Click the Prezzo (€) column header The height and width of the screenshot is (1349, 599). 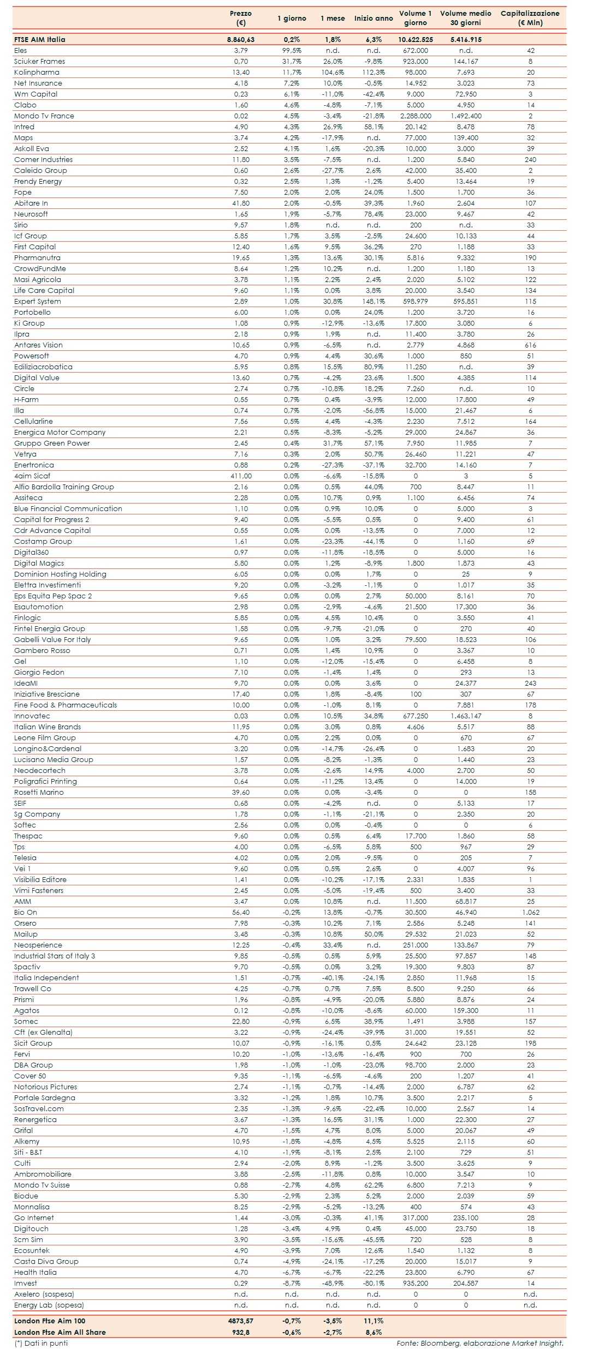coord(241,18)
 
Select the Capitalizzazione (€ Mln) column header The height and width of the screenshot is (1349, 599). coord(530,18)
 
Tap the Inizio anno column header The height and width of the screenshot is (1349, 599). coord(373,18)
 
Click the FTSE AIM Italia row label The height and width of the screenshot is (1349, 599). coord(40,39)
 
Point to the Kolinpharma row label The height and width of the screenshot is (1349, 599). coord(37,72)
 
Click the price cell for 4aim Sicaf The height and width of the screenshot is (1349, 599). coord(241,476)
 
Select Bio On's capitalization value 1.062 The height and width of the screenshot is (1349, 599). coord(530,912)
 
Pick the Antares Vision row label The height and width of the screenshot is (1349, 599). coord(38,345)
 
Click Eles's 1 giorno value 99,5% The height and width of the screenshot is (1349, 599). coord(292,50)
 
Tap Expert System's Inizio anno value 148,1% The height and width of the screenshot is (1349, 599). coord(373,301)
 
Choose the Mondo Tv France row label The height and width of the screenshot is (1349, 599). coord(44,116)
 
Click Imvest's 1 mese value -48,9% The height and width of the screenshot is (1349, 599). coord(332,1283)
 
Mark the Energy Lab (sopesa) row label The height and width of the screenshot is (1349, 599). coord(49,1305)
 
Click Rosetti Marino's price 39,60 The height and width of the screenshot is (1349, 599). coord(241,792)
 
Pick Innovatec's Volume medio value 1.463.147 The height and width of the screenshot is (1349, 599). coord(466,716)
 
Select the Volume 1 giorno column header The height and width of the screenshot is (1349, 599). coord(415,18)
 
